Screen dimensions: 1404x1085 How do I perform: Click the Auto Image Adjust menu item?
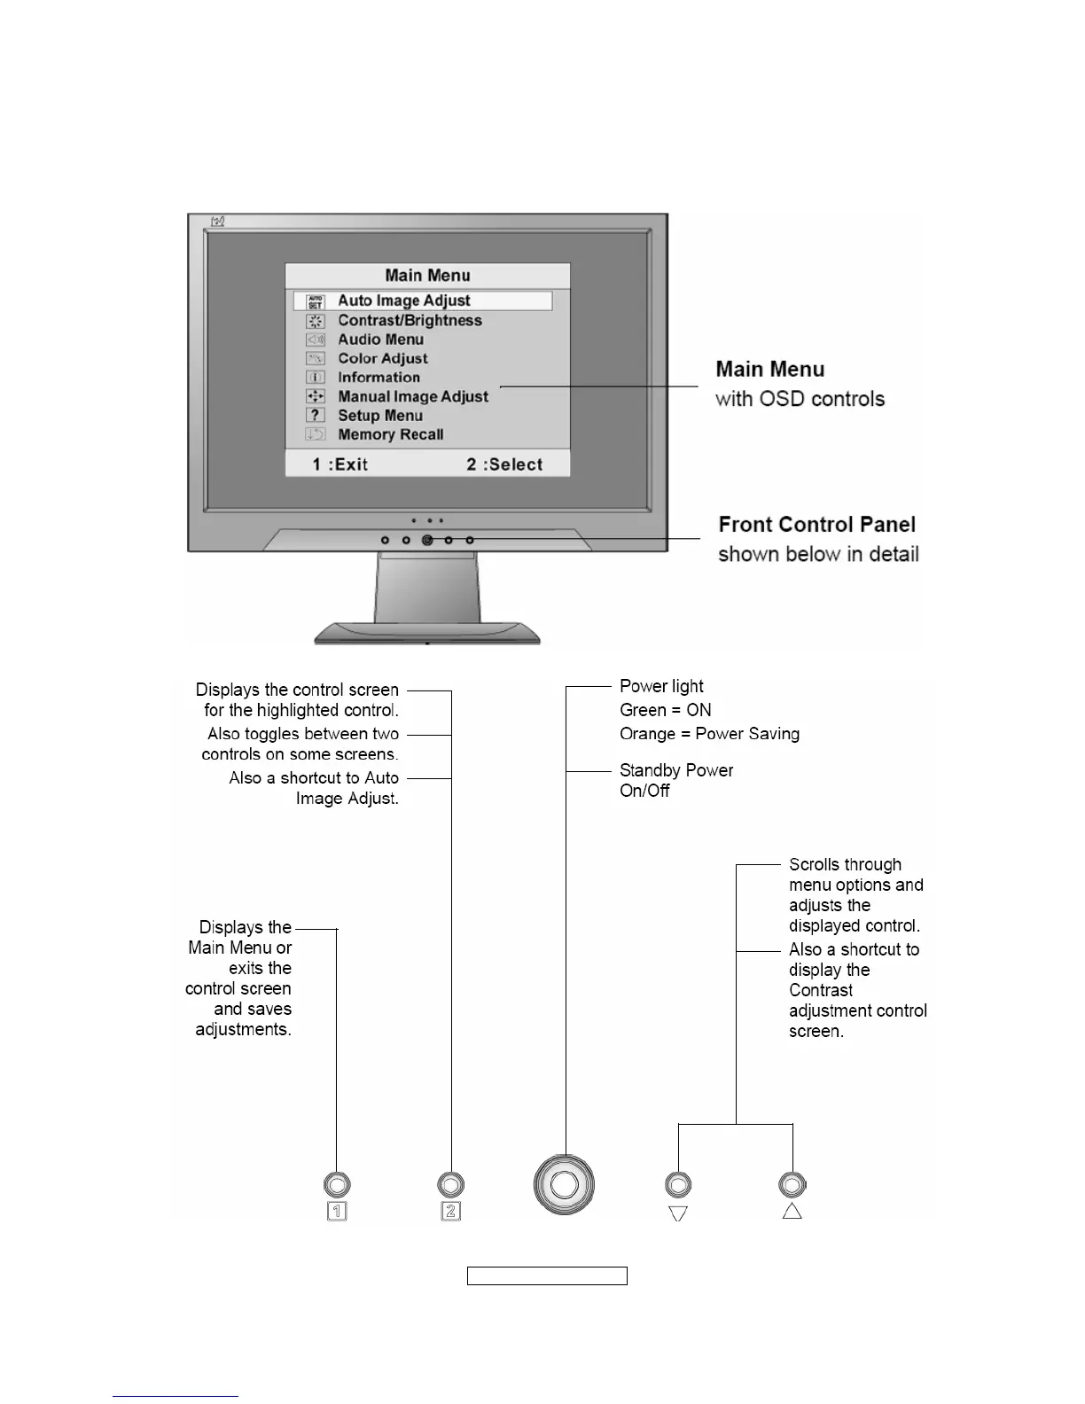pos(404,301)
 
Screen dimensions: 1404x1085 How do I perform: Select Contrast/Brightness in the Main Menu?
pos(410,321)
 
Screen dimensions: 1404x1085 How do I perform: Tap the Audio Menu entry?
pos(380,339)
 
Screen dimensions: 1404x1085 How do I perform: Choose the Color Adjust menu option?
pos(382,358)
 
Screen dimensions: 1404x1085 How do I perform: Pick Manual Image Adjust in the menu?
pos(413,396)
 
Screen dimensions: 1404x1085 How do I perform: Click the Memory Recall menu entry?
pos(390,434)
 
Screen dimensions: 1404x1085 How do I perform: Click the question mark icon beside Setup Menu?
pos(316,415)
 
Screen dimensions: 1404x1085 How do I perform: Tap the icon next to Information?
pos(316,377)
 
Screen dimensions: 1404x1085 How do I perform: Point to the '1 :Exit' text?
pos(340,464)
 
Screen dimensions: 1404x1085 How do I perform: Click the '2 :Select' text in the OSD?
pos(504,464)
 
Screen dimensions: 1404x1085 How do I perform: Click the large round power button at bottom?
pos(564,1185)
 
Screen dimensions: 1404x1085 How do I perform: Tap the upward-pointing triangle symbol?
pos(792,1211)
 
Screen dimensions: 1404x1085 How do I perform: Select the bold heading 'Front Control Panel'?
pos(816,525)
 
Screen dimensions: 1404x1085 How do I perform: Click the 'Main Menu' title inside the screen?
pos(427,276)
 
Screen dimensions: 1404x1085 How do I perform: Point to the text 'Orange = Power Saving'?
pos(709,734)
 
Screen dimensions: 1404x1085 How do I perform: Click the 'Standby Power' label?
pos(676,770)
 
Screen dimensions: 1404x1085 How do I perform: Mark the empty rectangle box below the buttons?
pos(547,1276)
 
